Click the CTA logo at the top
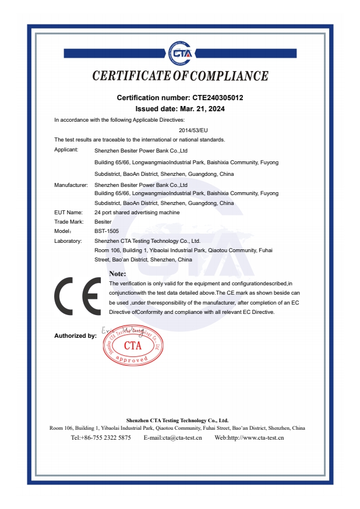point(180,53)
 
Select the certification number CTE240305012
point(214,98)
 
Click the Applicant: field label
point(66,150)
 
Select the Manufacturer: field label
point(70,185)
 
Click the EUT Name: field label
point(68,213)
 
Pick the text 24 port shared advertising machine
point(137,213)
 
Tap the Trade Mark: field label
point(69,222)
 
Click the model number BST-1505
point(107,231)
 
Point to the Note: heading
point(118,273)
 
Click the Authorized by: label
point(75,336)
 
